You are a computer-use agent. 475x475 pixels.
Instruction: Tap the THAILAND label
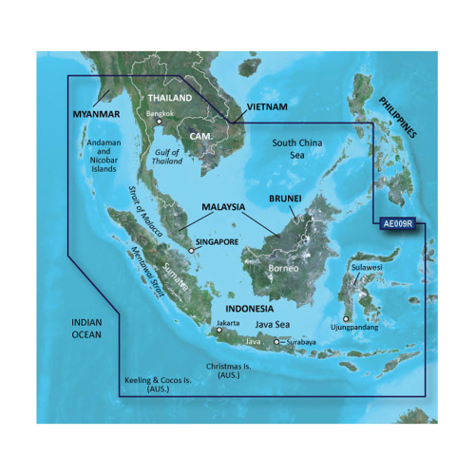point(167,98)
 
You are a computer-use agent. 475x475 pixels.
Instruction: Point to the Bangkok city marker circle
point(160,122)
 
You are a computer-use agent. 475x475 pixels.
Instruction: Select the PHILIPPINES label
point(397,117)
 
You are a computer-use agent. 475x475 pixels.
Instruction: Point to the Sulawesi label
point(367,268)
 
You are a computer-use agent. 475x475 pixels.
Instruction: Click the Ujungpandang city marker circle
point(346,319)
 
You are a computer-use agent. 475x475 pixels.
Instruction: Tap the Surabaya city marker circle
point(276,342)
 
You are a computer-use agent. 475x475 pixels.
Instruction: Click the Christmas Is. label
point(233,370)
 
